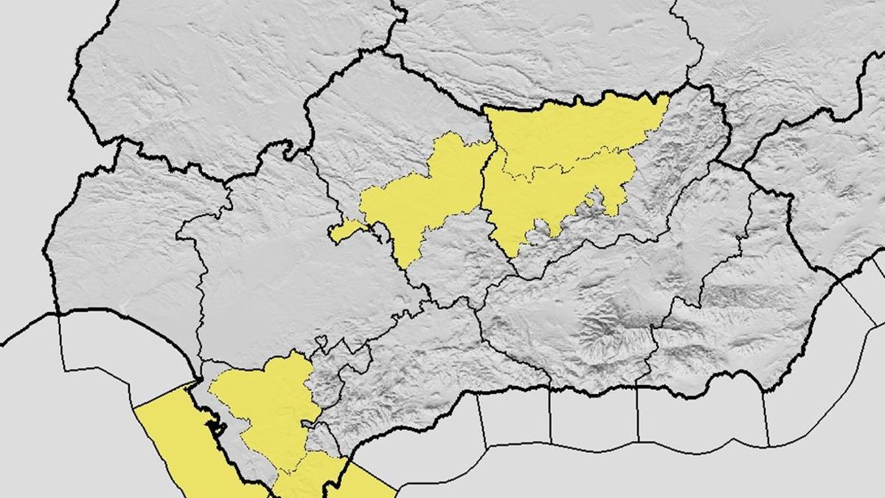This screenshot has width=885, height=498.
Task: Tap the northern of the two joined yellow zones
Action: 568,133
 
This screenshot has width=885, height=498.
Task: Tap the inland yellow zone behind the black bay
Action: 269,402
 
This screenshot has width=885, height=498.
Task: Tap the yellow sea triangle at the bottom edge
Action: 347,480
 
